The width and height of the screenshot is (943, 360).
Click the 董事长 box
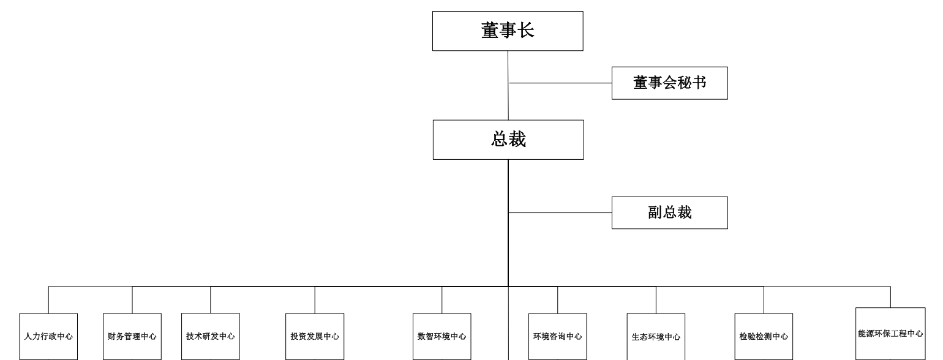[x=508, y=31]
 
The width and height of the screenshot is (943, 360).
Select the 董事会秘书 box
[x=670, y=83]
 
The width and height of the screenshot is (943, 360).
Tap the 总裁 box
[x=508, y=140]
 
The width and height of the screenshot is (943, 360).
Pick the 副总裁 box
[x=670, y=212]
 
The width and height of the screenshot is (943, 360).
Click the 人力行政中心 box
[x=48, y=336]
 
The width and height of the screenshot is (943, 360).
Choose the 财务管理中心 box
[x=132, y=336]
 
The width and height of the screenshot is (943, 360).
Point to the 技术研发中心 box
[x=211, y=336]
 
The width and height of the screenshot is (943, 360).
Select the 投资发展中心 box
[x=315, y=336]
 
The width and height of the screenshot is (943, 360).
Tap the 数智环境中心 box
[x=442, y=336]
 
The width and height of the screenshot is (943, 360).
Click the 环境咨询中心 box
[x=558, y=336]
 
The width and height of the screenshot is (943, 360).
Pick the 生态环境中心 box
[x=656, y=336]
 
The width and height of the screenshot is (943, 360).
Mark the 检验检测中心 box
[x=764, y=336]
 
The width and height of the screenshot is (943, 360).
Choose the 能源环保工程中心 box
[x=890, y=334]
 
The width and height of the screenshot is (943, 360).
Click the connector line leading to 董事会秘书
[x=560, y=83]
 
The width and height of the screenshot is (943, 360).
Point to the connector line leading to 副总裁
[x=560, y=212]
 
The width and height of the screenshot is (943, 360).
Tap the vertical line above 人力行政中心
[x=48, y=300]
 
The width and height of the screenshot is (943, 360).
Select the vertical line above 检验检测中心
[x=764, y=300]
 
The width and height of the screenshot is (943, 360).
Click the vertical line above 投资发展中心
[x=315, y=300]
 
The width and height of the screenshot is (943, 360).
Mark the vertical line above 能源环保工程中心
[x=890, y=297]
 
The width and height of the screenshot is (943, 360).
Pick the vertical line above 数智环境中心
[x=442, y=300]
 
